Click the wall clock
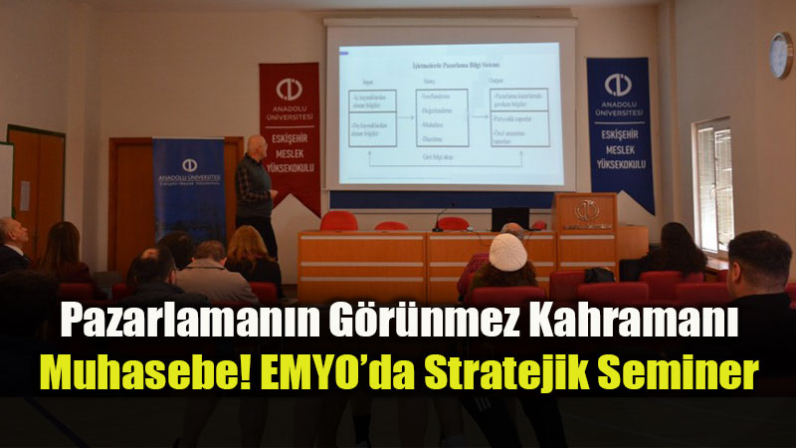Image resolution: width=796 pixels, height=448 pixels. (781, 55)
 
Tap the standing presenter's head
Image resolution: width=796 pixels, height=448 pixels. (256, 146)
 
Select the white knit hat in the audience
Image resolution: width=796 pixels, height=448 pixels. (507, 252)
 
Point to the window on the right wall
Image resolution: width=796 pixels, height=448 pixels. (713, 184)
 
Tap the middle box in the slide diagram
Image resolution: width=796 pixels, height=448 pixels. (441, 117)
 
